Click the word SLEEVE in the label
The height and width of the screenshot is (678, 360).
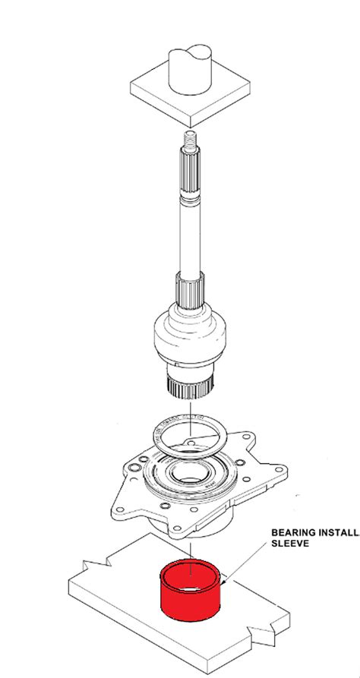coord(289,544)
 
